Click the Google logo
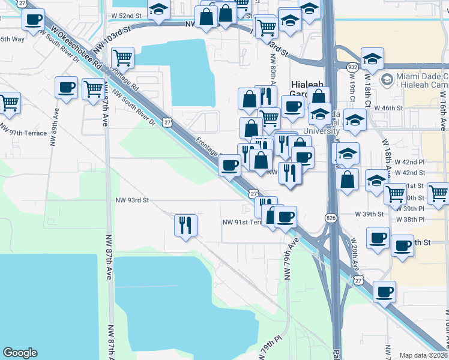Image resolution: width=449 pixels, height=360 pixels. tap(20, 353)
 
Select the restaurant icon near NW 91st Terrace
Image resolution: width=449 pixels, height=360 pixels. tap(185, 225)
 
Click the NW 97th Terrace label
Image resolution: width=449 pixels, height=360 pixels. tap(23, 133)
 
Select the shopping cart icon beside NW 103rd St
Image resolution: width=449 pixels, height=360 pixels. tap(122, 58)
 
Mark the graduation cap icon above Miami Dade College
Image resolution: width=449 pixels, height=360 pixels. tap(372, 59)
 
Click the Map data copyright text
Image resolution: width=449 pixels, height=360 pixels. tap(424, 355)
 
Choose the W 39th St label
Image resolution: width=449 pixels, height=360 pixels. tap(369, 214)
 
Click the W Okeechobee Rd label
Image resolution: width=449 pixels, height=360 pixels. tap(74, 45)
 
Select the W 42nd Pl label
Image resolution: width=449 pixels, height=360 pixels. tap(409, 162)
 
